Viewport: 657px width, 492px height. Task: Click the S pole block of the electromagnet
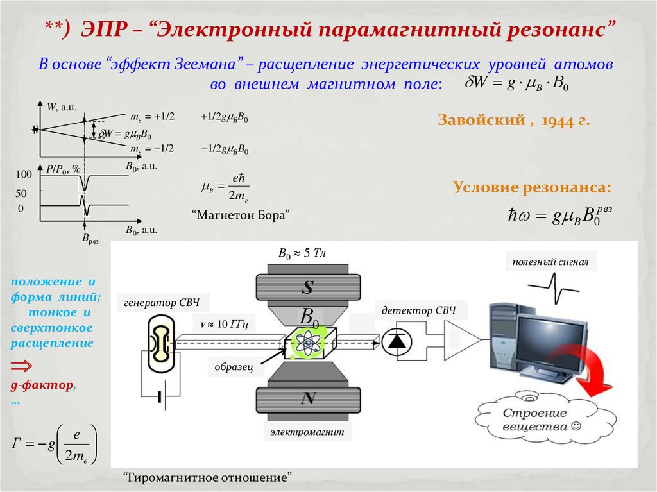point(308,287)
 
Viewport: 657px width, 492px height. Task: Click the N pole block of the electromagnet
point(308,399)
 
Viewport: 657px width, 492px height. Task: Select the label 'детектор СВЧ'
point(418,310)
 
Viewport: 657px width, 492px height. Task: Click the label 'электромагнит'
point(307,432)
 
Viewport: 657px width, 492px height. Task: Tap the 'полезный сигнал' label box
point(550,262)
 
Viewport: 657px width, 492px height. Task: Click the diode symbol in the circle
point(397,343)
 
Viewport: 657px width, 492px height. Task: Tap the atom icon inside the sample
point(309,343)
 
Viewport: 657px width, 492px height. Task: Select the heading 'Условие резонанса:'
point(532,187)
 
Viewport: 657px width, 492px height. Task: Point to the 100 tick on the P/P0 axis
point(24,174)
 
